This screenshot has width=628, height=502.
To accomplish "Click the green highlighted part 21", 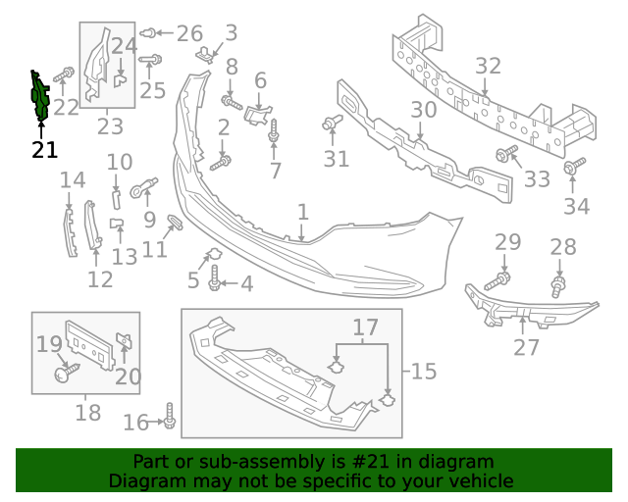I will point(40,98).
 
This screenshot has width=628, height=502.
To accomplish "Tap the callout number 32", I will point(488,67).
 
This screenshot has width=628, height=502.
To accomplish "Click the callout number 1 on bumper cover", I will point(303,212).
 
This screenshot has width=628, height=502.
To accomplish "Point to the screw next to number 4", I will point(215,283).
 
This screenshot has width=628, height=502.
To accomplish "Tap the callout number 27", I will point(527,347).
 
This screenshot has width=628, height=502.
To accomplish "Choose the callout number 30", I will point(423,110).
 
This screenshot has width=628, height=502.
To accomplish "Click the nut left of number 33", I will point(507,154).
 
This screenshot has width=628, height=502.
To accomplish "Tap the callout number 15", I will point(423,372).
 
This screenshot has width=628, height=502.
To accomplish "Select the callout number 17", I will point(365,326).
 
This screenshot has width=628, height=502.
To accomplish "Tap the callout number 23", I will point(109,125).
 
